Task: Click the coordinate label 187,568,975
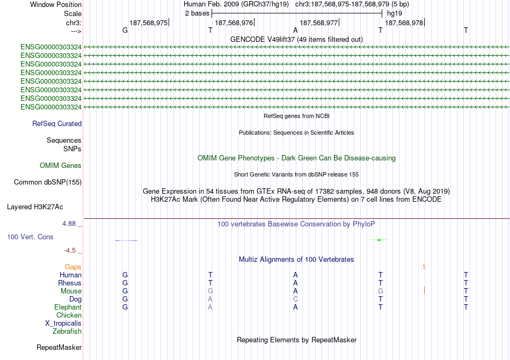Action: (148, 23)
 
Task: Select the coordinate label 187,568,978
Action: (404, 23)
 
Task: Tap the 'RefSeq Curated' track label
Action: (57, 123)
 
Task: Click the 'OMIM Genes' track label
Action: (61, 165)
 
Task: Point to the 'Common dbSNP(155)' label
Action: (48, 182)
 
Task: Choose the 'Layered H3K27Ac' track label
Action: (35, 206)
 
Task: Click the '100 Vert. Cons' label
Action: (30, 237)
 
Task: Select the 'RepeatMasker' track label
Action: (59, 347)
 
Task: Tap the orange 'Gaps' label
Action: (73, 267)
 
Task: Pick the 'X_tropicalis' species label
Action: (63, 323)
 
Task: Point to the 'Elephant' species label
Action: (68, 307)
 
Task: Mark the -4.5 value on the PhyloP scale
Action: (72, 250)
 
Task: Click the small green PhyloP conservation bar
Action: (379, 240)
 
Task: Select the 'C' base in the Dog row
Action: (295, 299)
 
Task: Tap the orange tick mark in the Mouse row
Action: (424, 290)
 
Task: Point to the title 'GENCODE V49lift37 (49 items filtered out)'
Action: (296, 39)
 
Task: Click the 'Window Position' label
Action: (56, 4)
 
